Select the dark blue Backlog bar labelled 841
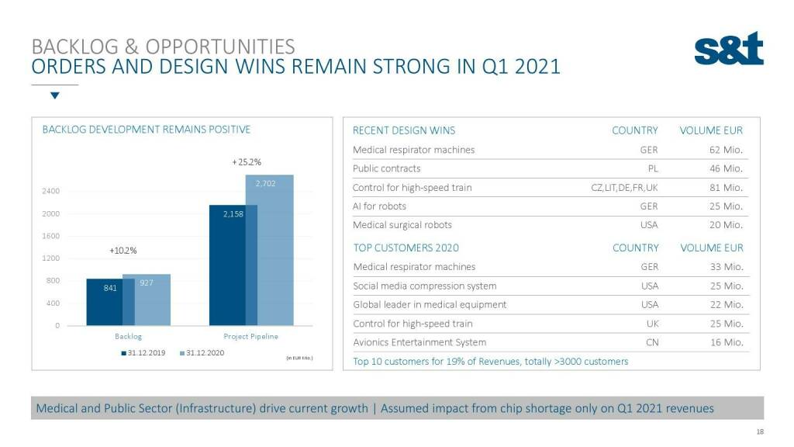pyautogui.click(x=105, y=301)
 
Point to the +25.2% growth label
pyautogui.click(x=247, y=162)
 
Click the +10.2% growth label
pyautogui.click(x=123, y=251)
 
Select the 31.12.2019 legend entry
pyautogui.click(x=143, y=353)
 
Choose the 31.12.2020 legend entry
pyautogui.click(x=202, y=353)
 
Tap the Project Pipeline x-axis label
pyautogui.click(x=250, y=337)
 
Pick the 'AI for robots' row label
pyautogui.click(x=379, y=206)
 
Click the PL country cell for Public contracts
pyautogui.click(x=652, y=168)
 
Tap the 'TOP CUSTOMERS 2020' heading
pyautogui.click(x=406, y=248)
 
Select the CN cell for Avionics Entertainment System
pyautogui.click(x=651, y=342)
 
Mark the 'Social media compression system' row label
pyautogui.click(x=424, y=286)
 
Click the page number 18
pyautogui.click(x=759, y=431)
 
